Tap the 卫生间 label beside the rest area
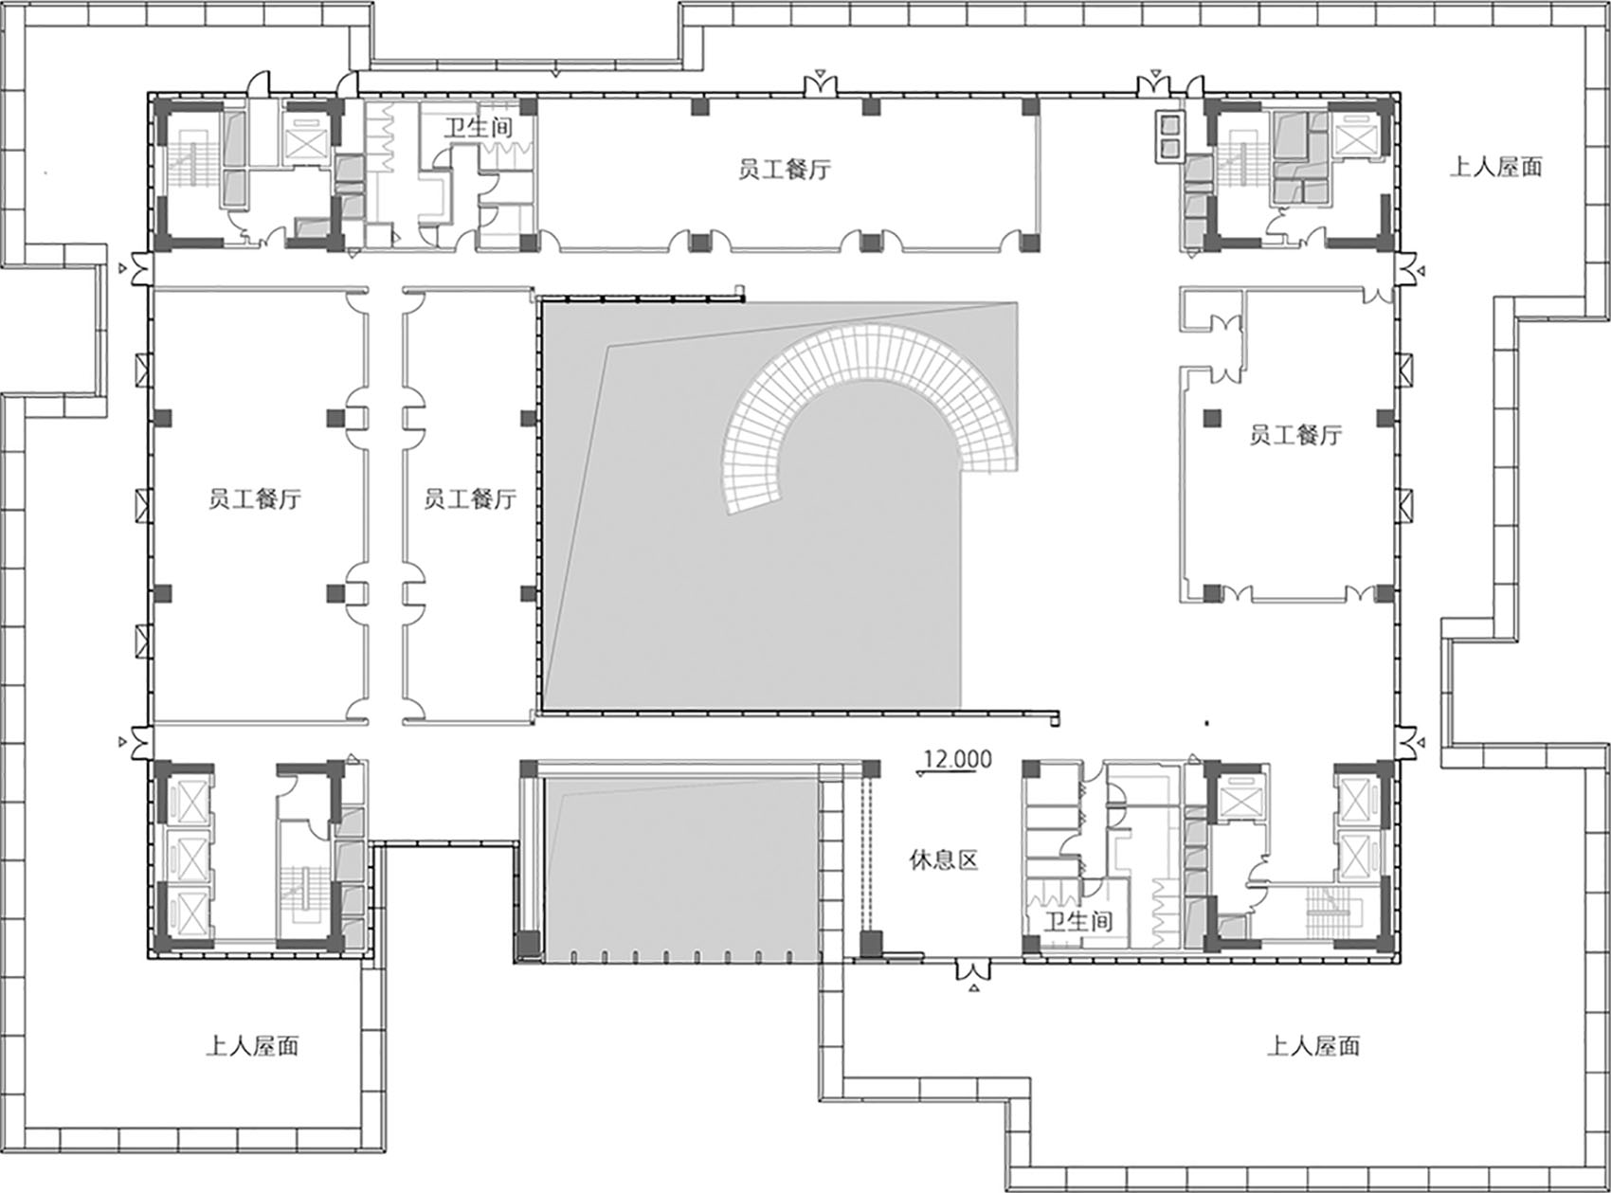click(x=1078, y=921)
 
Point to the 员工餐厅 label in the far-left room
click(x=255, y=498)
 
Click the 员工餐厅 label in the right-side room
click(x=1296, y=436)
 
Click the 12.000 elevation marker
click(x=958, y=760)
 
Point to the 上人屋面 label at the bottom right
click(x=1313, y=1046)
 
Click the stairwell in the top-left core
click(x=194, y=165)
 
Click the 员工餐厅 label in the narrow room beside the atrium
click(x=470, y=498)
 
